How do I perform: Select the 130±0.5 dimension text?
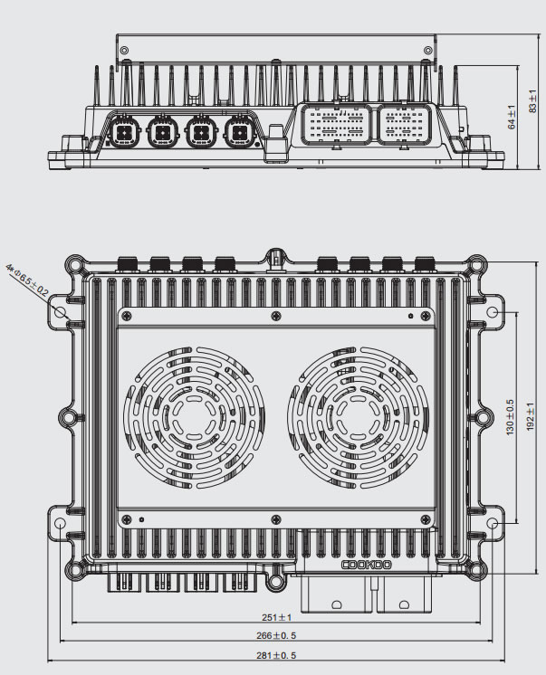[x=511, y=415]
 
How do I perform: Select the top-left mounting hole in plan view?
[x=62, y=311]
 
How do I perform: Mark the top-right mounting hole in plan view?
[x=493, y=311]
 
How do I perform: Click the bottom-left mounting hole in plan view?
[x=62, y=524]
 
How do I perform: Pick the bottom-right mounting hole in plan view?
[x=493, y=524]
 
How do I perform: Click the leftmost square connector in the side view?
[x=123, y=133]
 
